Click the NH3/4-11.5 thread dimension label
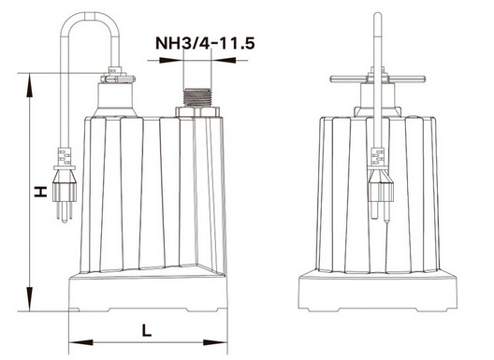pyautogui.click(x=205, y=43)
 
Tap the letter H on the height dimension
pyautogui.click(x=41, y=192)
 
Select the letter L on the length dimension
pyautogui.click(x=147, y=330)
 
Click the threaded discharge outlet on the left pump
pyautogui.click(x=196, y=98)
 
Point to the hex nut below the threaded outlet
pyautogui.click(x=196, y=112)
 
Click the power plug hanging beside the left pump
pyautogui.click(x=65, y=185)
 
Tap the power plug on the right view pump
pyautogui.click(x=381, y=185)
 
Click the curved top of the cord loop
pyautogui.click(x=91, y=13)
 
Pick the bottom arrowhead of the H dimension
pyautogui.click(x=30, y=299)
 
